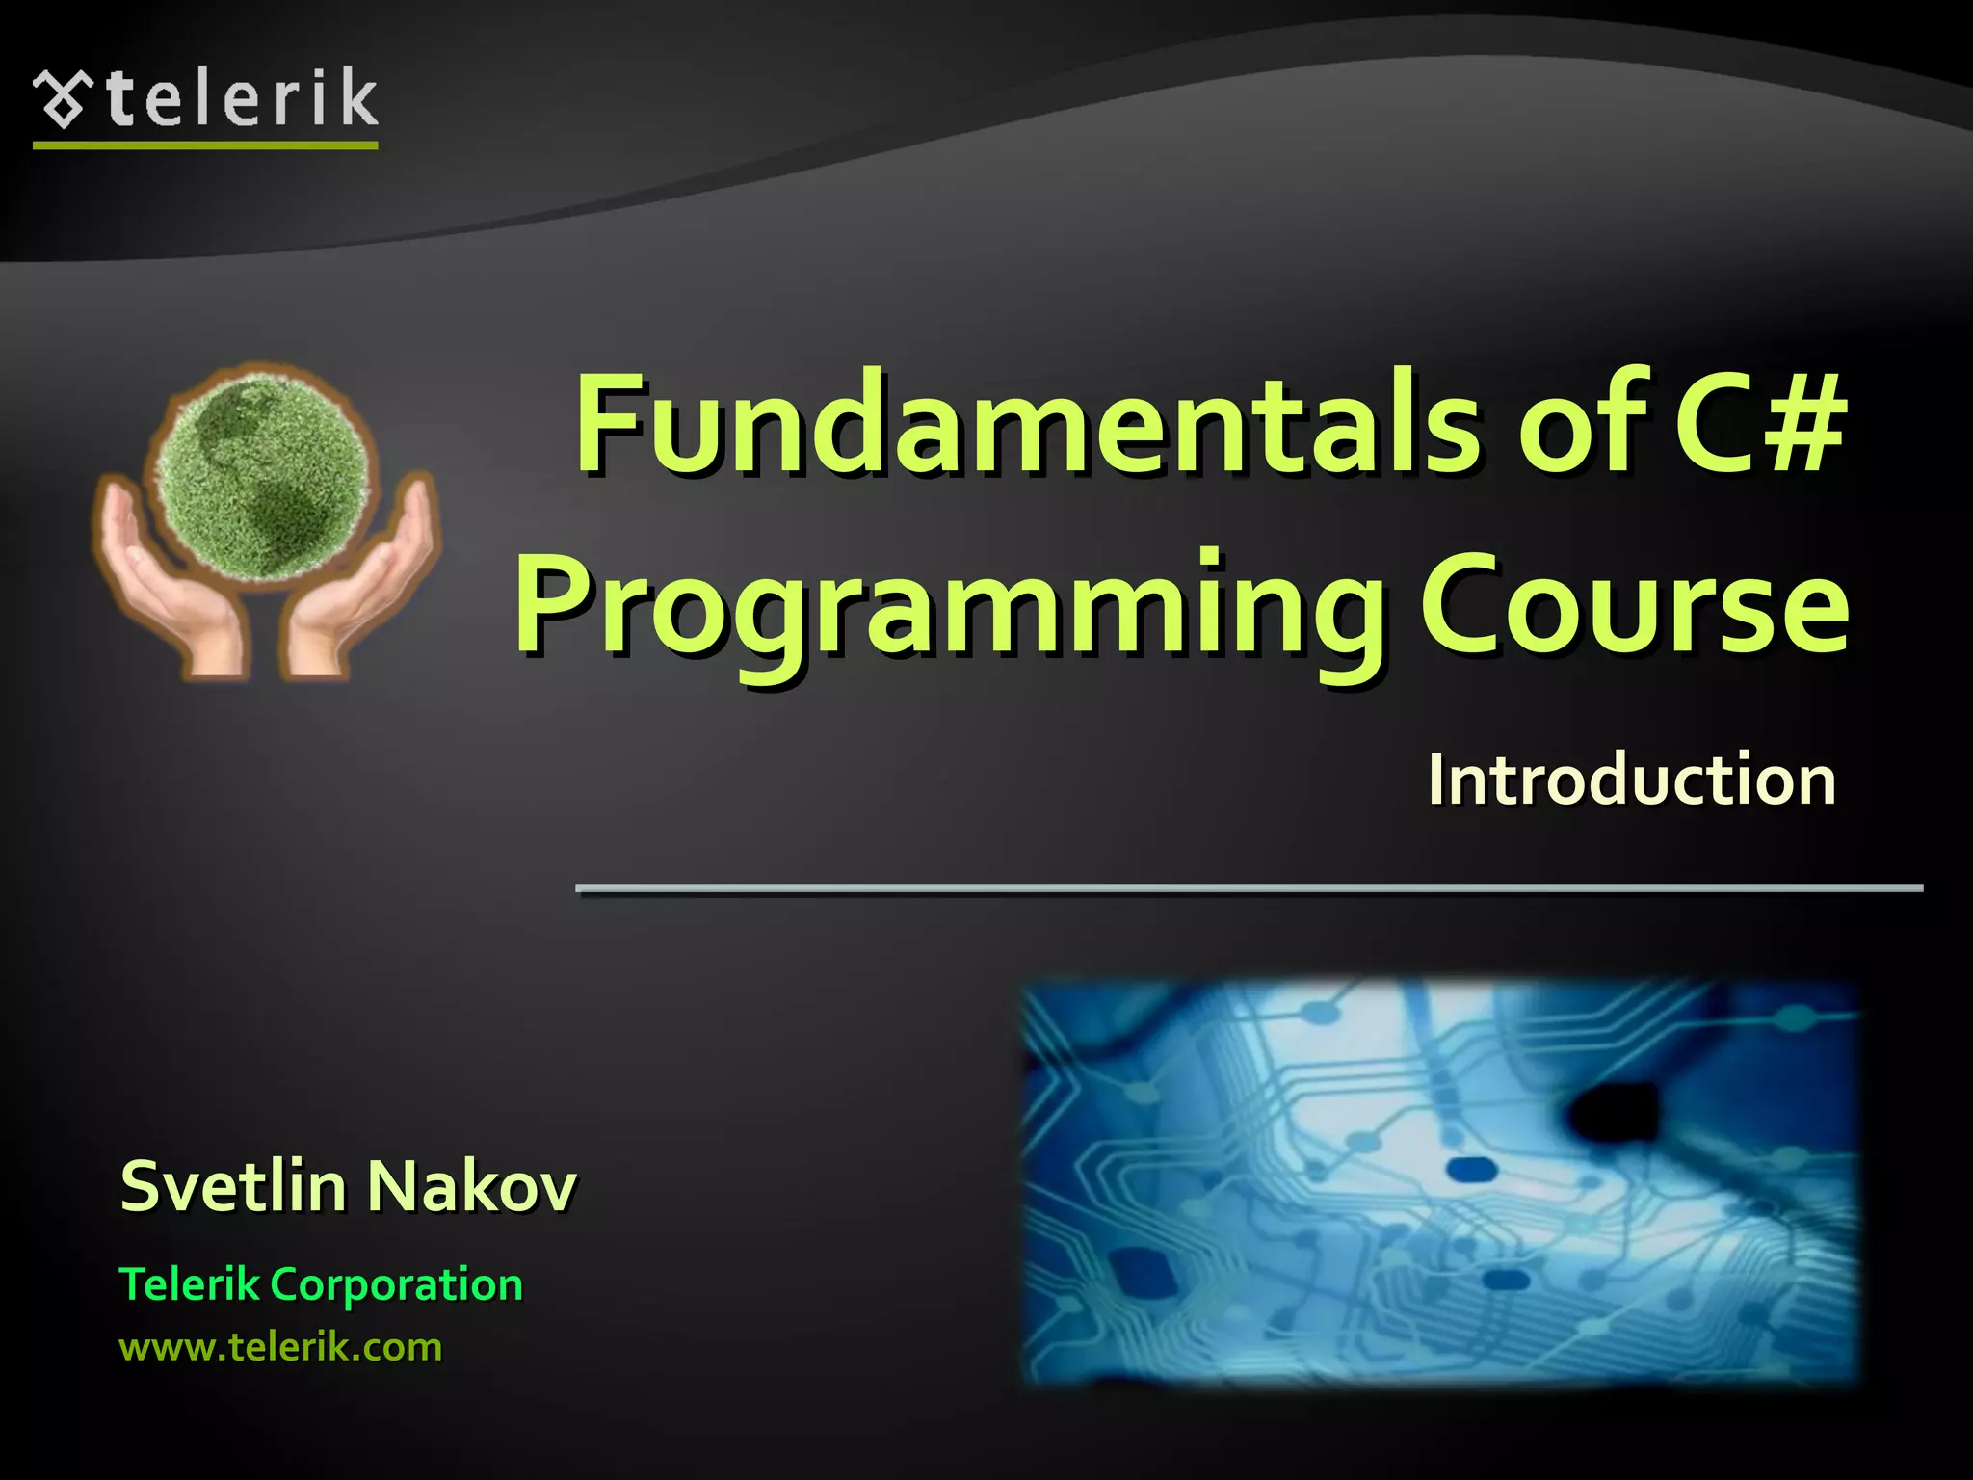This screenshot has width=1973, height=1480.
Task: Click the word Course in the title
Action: click(1633, 607)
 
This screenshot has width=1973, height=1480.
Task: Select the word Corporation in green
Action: click(396, 1285)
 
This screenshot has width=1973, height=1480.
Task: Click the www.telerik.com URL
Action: click(280, 1346)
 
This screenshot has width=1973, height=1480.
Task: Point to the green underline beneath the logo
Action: click(205, 145)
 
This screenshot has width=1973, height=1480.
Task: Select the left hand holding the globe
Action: click(169, 578)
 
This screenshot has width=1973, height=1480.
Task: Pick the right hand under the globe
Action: click(361, 588)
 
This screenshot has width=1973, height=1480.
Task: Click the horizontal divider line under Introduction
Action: click(1249, 887)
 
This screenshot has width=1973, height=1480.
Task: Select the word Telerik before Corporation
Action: click(189, 1285)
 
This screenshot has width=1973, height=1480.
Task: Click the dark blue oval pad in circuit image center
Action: click(1471, 1170)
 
